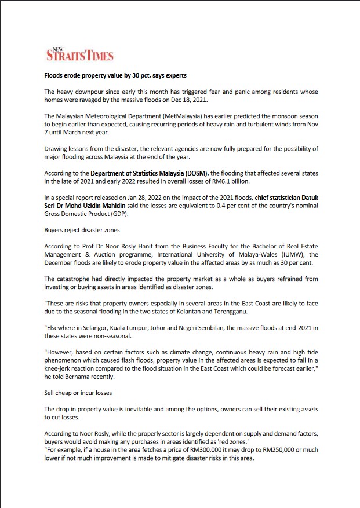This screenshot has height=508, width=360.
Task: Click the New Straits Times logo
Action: click(x=79, y=54)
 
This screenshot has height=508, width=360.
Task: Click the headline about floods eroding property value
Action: click(x=115, y=76)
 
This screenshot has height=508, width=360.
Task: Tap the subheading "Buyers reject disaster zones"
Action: click(x=82, y=230)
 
